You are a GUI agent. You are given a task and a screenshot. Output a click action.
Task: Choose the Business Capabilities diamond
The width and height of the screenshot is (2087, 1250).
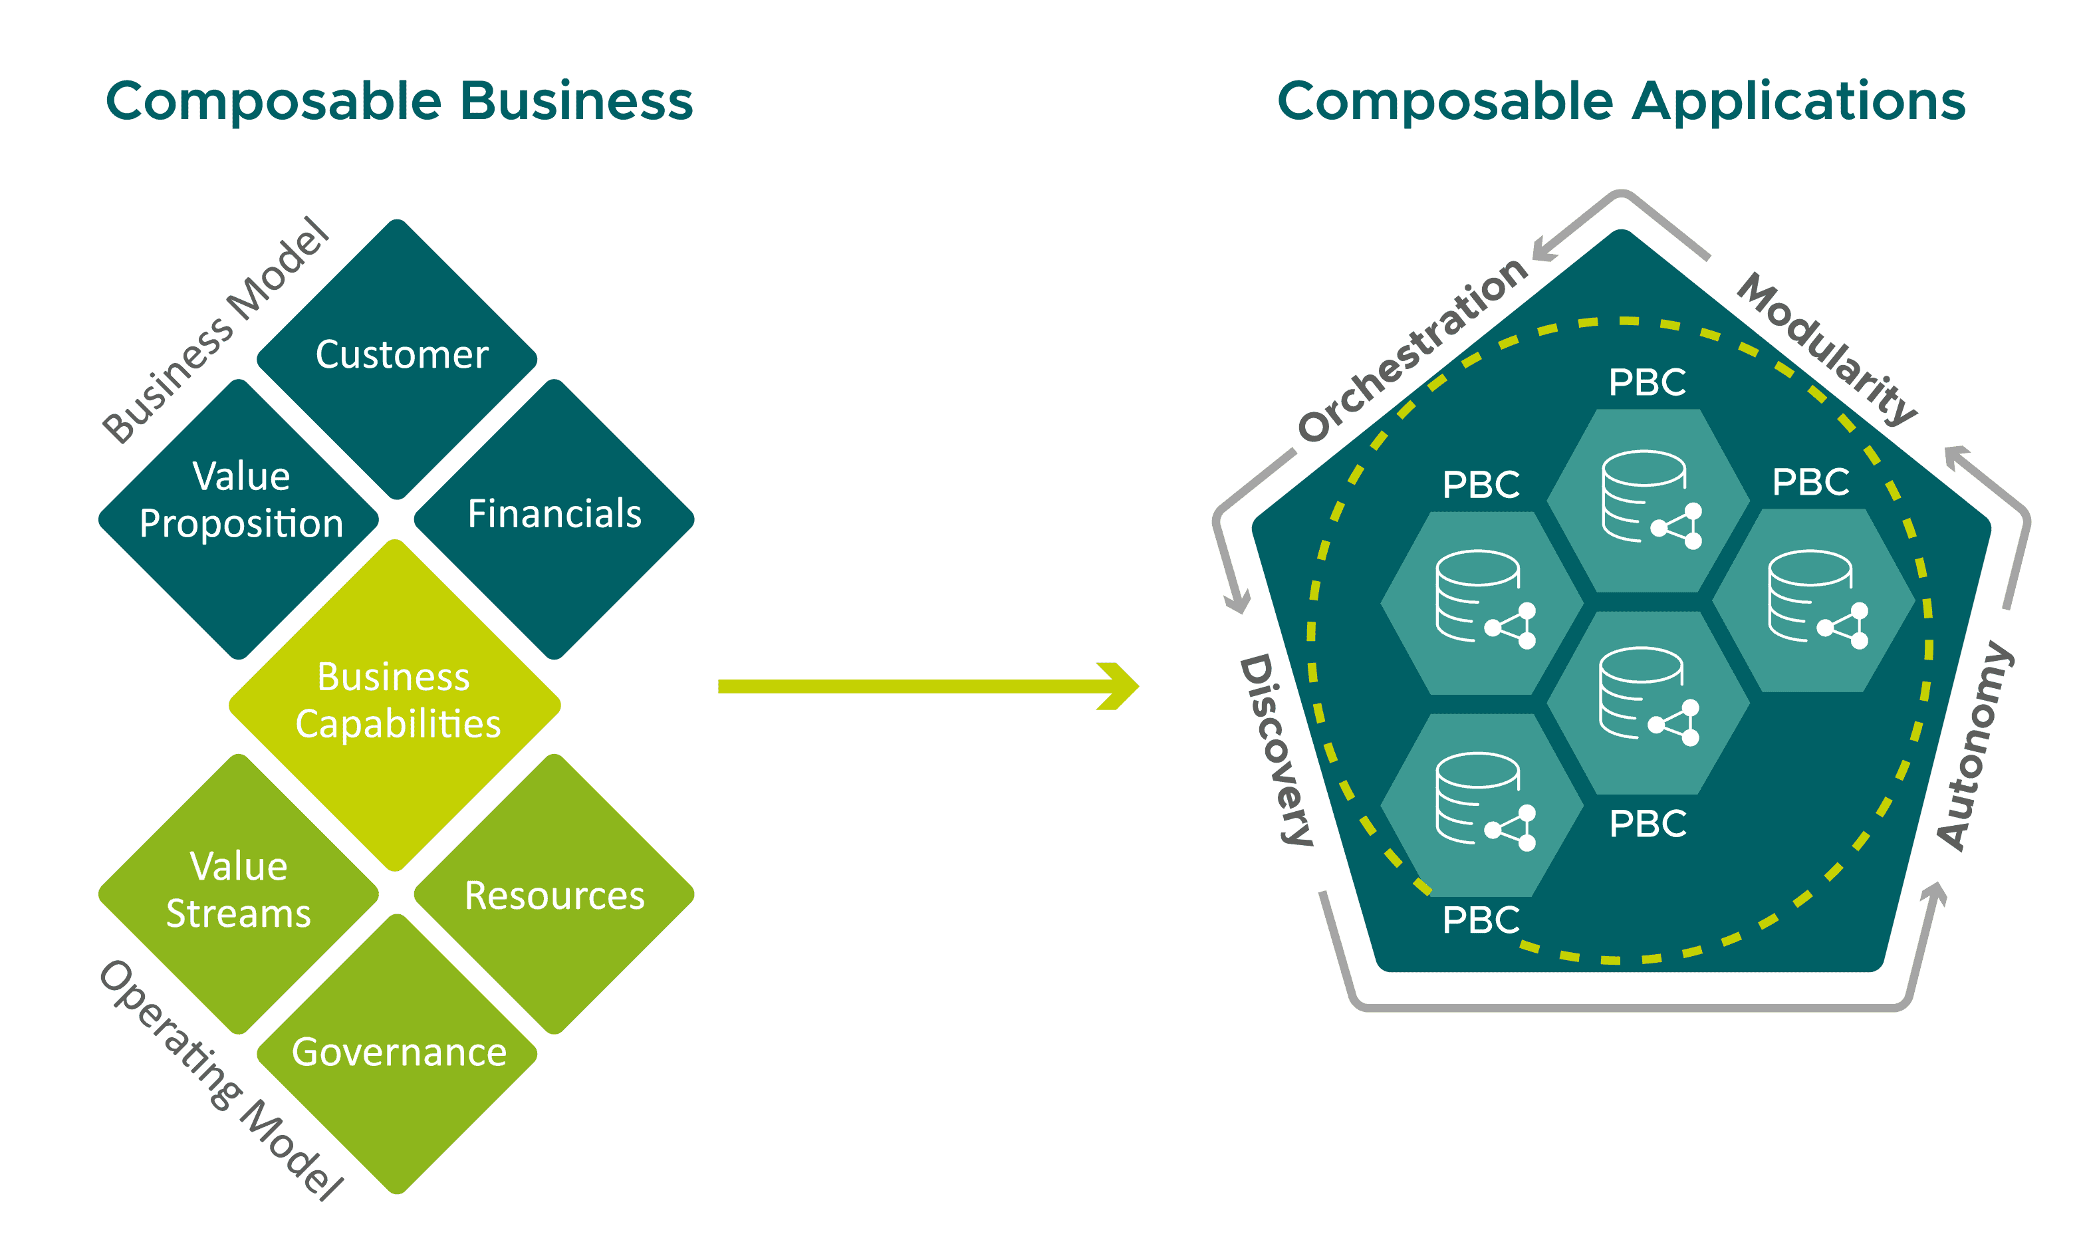click(396, 703)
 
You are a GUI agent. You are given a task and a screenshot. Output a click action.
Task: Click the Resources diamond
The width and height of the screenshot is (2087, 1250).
click(554, 894)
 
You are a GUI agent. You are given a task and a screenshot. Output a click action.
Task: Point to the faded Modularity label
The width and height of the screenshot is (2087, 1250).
click(1828, 350)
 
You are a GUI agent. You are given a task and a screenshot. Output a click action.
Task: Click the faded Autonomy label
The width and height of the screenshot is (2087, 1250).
click(1975, 745)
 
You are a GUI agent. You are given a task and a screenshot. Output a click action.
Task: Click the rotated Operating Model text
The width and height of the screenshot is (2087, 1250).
click(221, 1078)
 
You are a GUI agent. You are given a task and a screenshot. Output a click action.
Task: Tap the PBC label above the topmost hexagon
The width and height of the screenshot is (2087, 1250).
click(1646, 382)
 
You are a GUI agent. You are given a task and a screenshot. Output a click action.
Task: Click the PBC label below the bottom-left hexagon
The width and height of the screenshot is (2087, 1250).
click(1481, 920)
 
